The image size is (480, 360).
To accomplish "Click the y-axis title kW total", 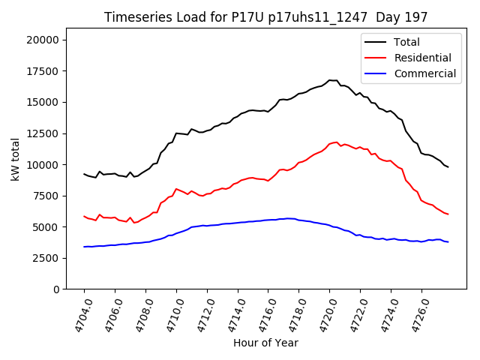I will [x=16, y=159].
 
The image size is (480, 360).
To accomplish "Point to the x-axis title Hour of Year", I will [x=265, y=343].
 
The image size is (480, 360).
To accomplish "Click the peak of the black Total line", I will [x=330, y=80].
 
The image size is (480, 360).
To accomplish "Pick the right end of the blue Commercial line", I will [x=448, y=241].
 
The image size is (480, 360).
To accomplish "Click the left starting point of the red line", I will [x=84, y=216].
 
